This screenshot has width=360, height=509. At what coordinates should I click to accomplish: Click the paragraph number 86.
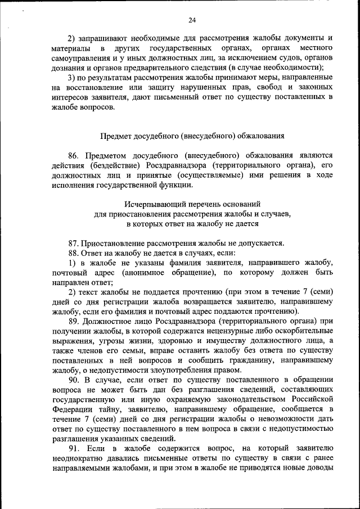tap(74, 155)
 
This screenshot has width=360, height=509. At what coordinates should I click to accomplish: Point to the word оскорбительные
tap(303, 330)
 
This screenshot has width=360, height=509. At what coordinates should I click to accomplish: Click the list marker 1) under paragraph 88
tap(73, 263)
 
